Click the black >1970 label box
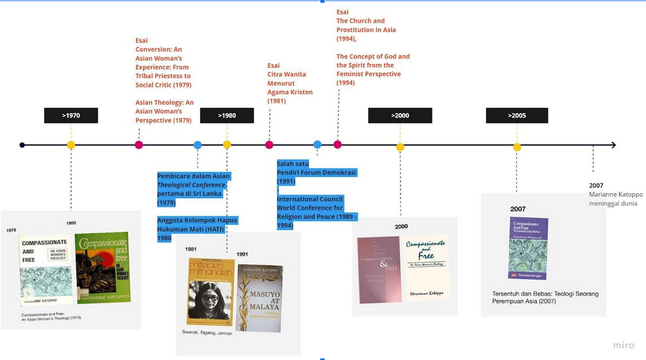pos(71,116)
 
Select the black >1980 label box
pos(227,116)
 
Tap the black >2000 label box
pos(400,116)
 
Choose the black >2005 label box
pos(517,116)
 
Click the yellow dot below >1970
pos(71,145)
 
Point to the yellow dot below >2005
pos(517,147)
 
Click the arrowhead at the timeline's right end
pos(612,145)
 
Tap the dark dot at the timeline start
pos(23,145)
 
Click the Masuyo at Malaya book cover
pos(260,293)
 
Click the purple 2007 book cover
pos(528,248)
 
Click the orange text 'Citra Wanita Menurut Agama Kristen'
pos(290,83)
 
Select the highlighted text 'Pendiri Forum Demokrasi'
pos(316,173)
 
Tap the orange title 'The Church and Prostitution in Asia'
pos(366,25)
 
